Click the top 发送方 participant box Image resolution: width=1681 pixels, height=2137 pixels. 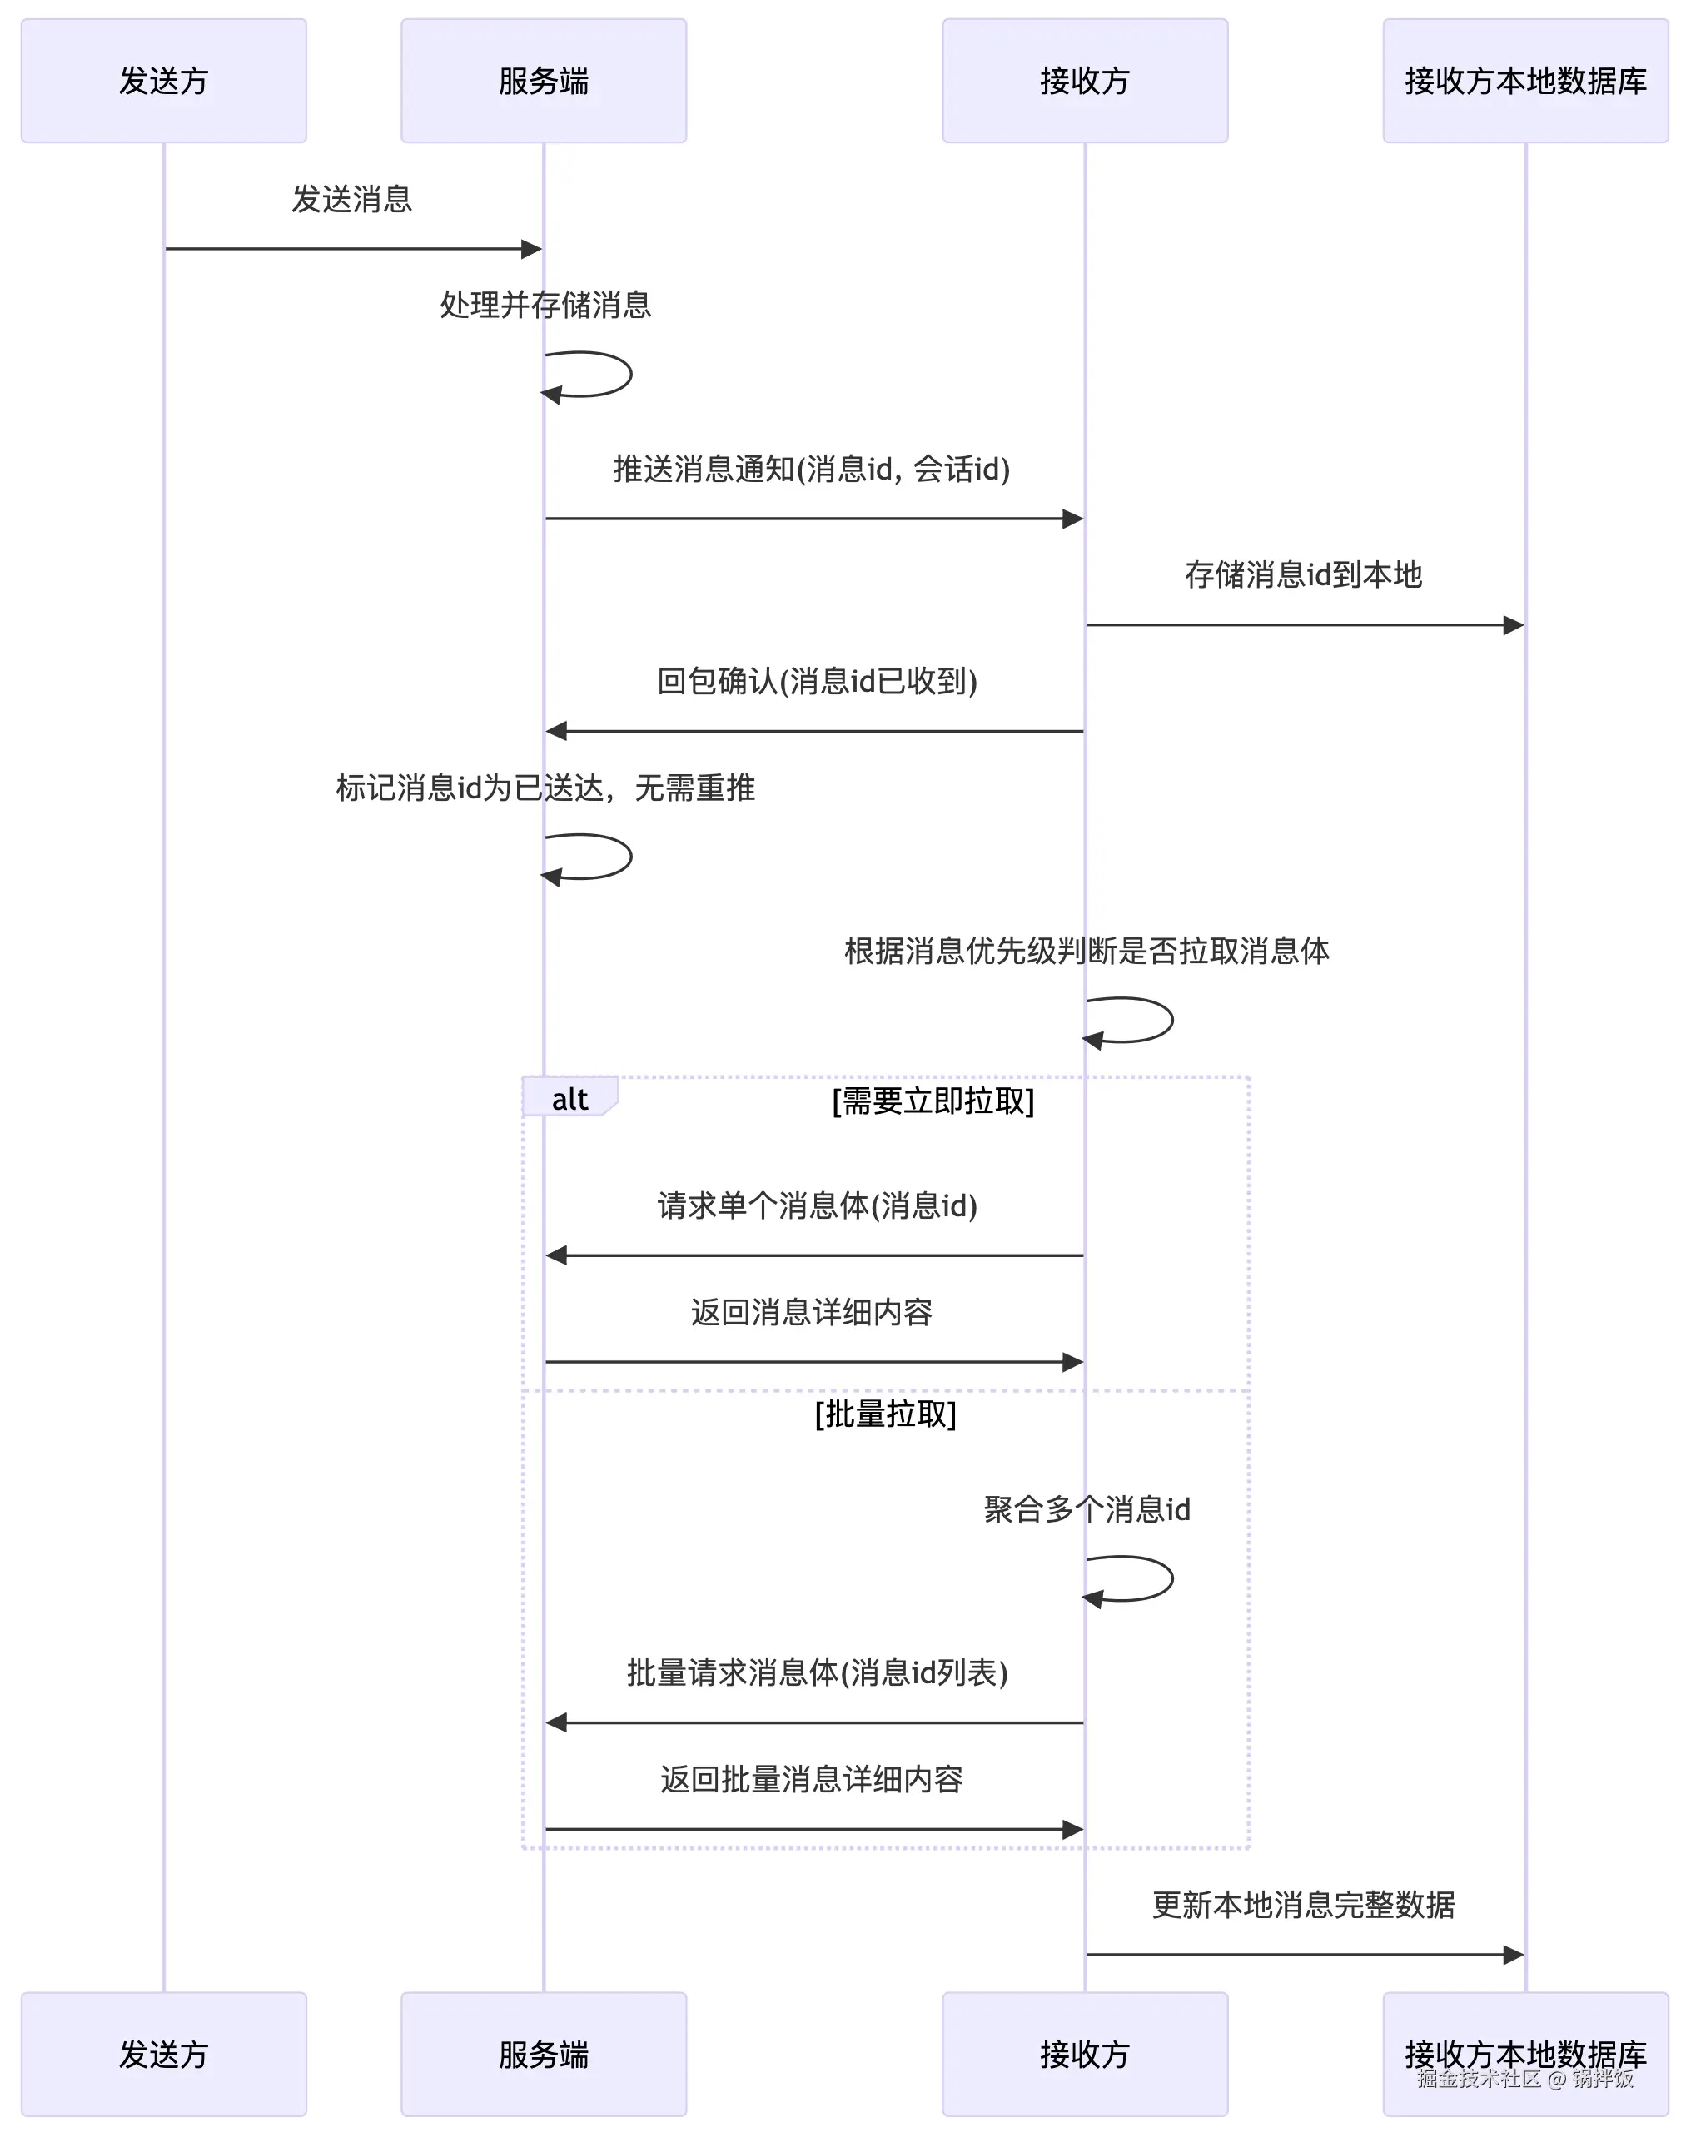[163, 81]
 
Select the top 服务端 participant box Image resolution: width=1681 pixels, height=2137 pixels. [544, 81]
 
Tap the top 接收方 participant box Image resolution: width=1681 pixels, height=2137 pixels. [1085, 81]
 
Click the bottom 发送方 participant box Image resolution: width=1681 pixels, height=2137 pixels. [163, 2055]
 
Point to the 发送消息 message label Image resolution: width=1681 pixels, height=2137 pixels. [351, 200]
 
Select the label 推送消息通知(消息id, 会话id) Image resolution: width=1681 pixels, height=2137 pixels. [811, 470]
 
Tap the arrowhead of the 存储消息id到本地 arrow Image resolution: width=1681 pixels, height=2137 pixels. [1514, 624]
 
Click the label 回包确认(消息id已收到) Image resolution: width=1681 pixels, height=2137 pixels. [817, 682]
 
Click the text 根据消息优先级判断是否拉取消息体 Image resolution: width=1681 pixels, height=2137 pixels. [1087, 952]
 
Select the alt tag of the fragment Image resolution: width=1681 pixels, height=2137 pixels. [569, 1099]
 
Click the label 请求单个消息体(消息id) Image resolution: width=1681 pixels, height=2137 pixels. [817, 1206]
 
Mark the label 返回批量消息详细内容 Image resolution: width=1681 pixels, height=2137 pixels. [811, 1780]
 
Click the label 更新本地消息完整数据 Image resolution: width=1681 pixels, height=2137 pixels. [1303, 1905]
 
